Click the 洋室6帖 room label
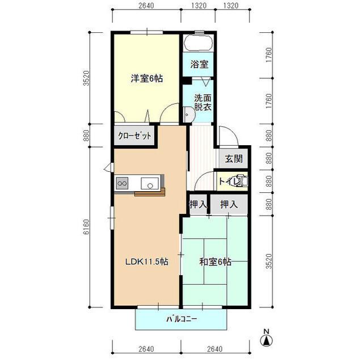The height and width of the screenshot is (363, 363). pos(147,79)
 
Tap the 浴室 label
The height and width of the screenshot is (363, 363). pos(199,64)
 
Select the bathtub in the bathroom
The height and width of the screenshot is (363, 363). pos(199,43)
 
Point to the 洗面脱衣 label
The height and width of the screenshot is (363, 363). pos(202,102)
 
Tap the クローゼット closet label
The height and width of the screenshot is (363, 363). pos(134,136)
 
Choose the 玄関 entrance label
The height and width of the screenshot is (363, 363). pos(234,159)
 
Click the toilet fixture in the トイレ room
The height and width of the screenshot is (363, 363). pos(243,181)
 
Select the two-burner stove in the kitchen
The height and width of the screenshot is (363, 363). pos(123,183)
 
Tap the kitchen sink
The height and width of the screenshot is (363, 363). pos(150,183)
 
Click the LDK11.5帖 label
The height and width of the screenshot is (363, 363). pos(146,261)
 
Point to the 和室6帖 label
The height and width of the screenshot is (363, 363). pos(216,262)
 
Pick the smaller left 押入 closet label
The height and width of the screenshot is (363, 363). pos(198,204)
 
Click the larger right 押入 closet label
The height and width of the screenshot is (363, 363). pos(229,204)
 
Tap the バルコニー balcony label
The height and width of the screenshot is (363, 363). pos(181,319)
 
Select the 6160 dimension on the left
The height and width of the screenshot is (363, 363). pos(86,227)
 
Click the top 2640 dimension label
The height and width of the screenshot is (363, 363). pos(146,5)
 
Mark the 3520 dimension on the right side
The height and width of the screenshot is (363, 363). pos(268,261)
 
